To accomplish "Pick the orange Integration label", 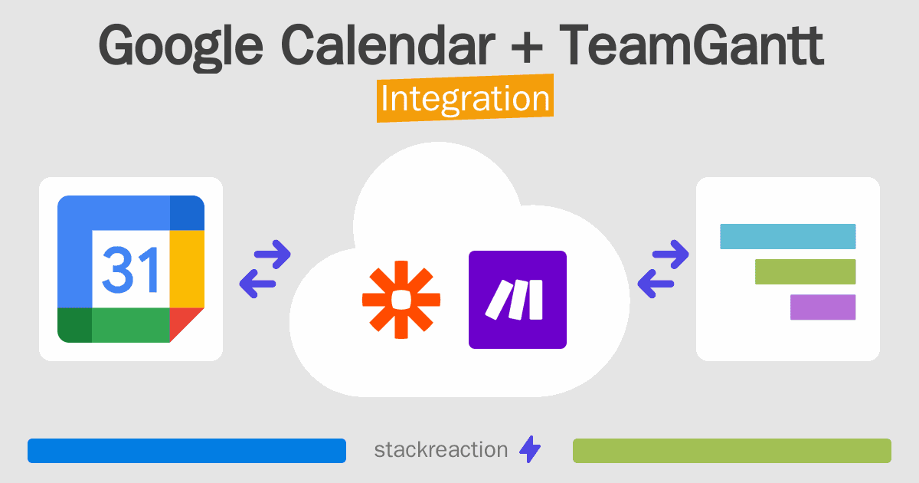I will [465, 100].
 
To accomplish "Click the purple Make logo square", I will [517, 300].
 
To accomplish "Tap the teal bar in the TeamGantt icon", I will [787, 236].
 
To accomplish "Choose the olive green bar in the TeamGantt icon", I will [805, 271].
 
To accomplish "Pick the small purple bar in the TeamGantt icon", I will [823, 307].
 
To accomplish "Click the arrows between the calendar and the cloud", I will [265, 269].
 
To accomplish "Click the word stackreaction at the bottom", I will [440, 450].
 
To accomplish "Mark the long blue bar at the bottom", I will [186, 451].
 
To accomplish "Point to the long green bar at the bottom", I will [731, 451].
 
